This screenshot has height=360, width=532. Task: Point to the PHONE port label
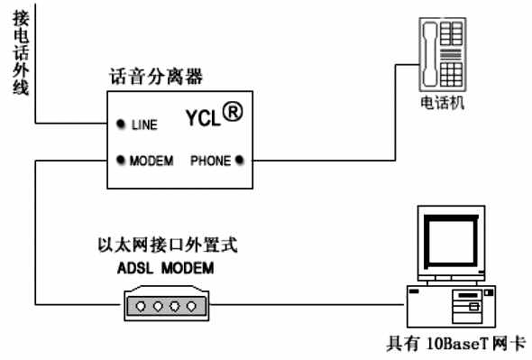coord(211,162)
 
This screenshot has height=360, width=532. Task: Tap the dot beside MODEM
coord(120,162)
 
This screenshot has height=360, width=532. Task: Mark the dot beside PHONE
coord(239,162)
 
